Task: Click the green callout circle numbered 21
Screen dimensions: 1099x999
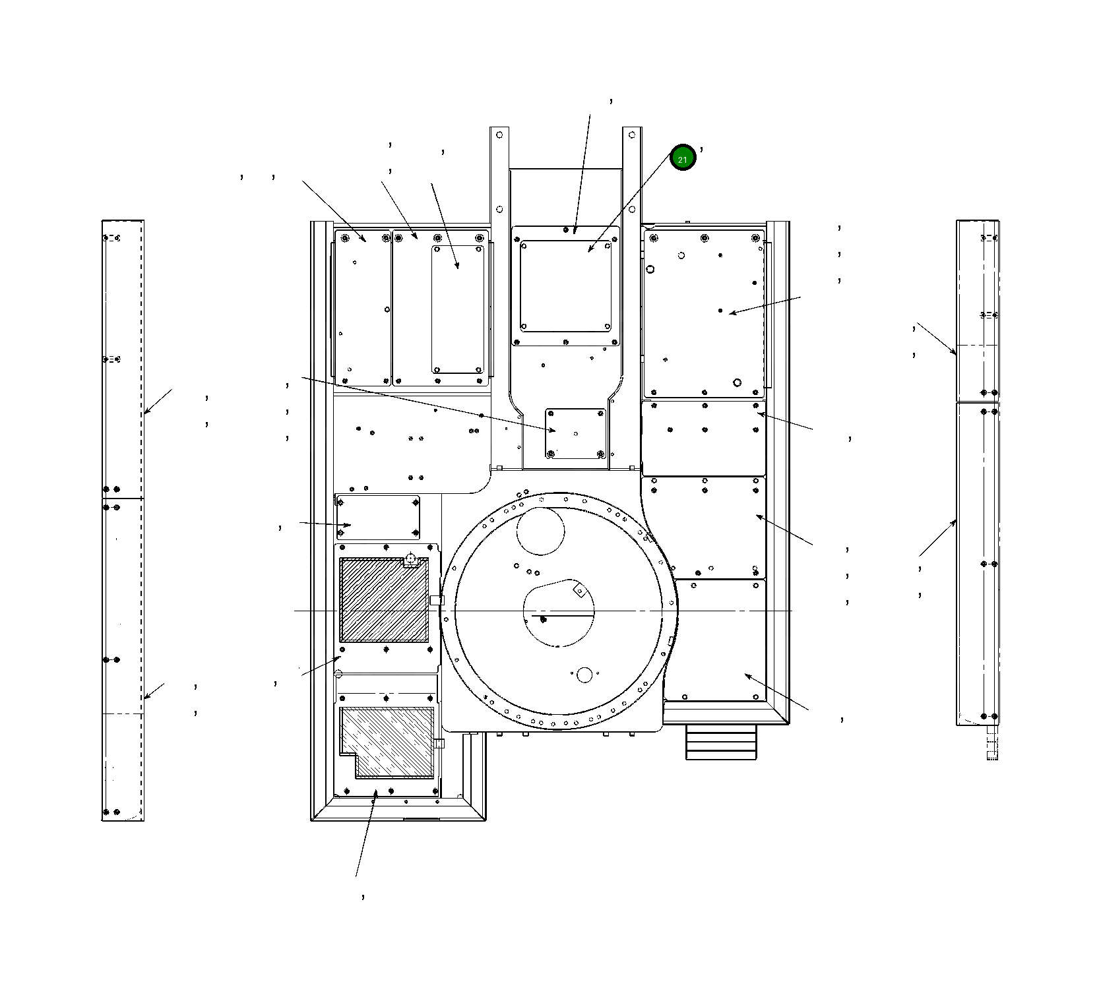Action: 683,158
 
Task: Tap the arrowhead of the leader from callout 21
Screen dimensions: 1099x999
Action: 590,251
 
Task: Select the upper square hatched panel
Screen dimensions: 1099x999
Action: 384,600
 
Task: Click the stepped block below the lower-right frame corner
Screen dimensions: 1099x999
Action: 721,742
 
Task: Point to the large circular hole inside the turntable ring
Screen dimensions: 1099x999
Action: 540,531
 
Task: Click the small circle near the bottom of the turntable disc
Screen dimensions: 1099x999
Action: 584,675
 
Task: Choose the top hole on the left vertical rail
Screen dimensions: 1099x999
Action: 499,135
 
